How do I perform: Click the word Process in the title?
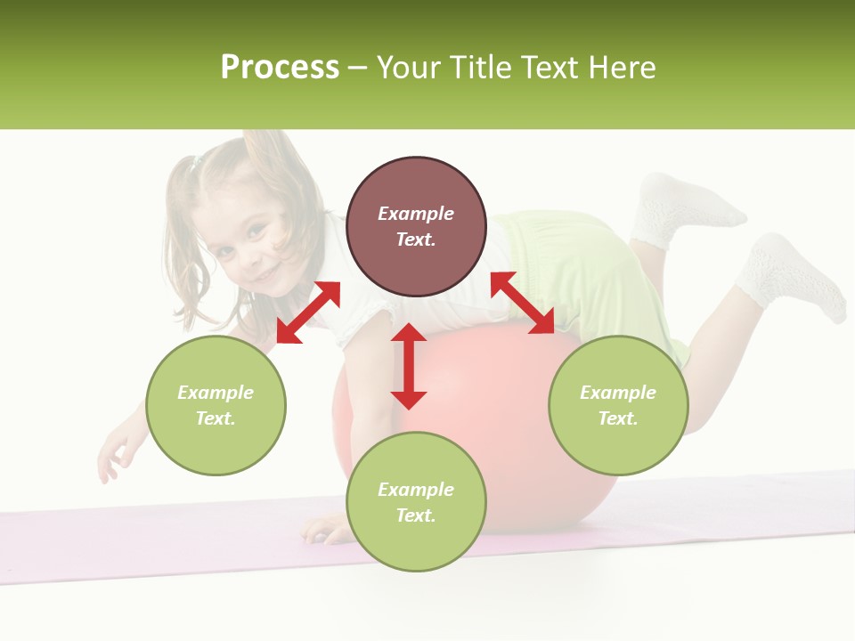tap(280, 68)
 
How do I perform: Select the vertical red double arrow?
tap(409, 366)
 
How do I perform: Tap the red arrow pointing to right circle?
tap(523, 303)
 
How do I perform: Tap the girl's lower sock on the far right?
tap(789, 276)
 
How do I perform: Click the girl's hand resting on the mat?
tap(322, 531)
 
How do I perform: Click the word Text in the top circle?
tap(416, 239)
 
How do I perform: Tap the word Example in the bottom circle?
tap(416, 490)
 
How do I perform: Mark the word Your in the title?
tap(410, 68)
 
